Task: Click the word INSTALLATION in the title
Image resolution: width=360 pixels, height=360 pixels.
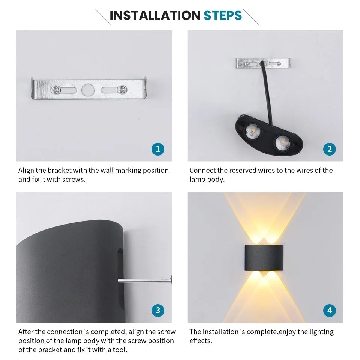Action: [155, 15]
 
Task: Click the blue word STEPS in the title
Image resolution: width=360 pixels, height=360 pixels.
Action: [223, 15]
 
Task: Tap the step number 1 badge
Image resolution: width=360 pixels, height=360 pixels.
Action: [157, 149]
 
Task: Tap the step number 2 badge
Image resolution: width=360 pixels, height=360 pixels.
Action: [329, 149]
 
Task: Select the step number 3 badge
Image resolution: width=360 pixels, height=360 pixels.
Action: [157, 310]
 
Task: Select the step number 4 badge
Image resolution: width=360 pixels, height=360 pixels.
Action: [329, 310]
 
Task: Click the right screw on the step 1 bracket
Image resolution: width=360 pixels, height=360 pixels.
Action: [121, 89]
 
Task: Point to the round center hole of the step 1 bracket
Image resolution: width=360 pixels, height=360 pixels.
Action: [88, 89]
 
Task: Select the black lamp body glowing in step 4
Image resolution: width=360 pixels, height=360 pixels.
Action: [265, 258]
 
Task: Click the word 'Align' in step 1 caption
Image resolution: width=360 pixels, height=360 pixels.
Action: [26, 171]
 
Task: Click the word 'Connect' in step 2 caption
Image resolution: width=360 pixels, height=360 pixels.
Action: [202, 171]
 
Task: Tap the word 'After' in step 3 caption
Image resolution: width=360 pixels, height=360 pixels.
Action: [26, 332]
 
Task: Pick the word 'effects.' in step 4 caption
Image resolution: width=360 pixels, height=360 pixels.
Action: [201, 341]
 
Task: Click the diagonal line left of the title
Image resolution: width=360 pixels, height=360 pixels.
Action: [103, 17]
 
